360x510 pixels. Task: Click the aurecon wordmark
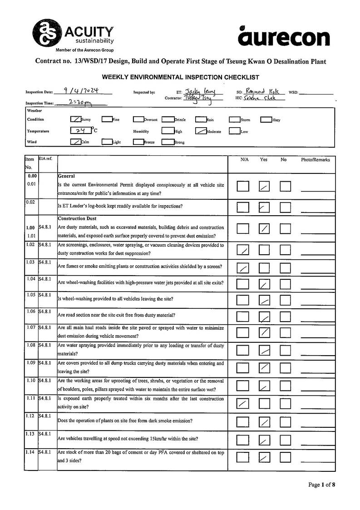[284, 37]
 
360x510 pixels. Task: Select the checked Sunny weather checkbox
[75, 119]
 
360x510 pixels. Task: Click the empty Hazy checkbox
[266, 119]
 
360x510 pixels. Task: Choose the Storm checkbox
[234, 119]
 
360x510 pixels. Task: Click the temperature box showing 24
[81, 131]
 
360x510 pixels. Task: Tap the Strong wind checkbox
[168, 142]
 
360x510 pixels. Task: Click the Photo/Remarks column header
[315, 160]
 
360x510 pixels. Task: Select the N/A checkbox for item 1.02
[243, 249]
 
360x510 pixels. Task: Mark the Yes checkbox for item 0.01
[264, 186]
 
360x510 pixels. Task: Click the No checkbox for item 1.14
[285, 457]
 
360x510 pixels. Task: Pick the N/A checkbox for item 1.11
[243, 403]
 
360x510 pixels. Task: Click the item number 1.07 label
[31, 327]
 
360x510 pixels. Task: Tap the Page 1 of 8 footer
[322, 485]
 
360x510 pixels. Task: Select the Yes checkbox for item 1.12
[264, 422]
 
